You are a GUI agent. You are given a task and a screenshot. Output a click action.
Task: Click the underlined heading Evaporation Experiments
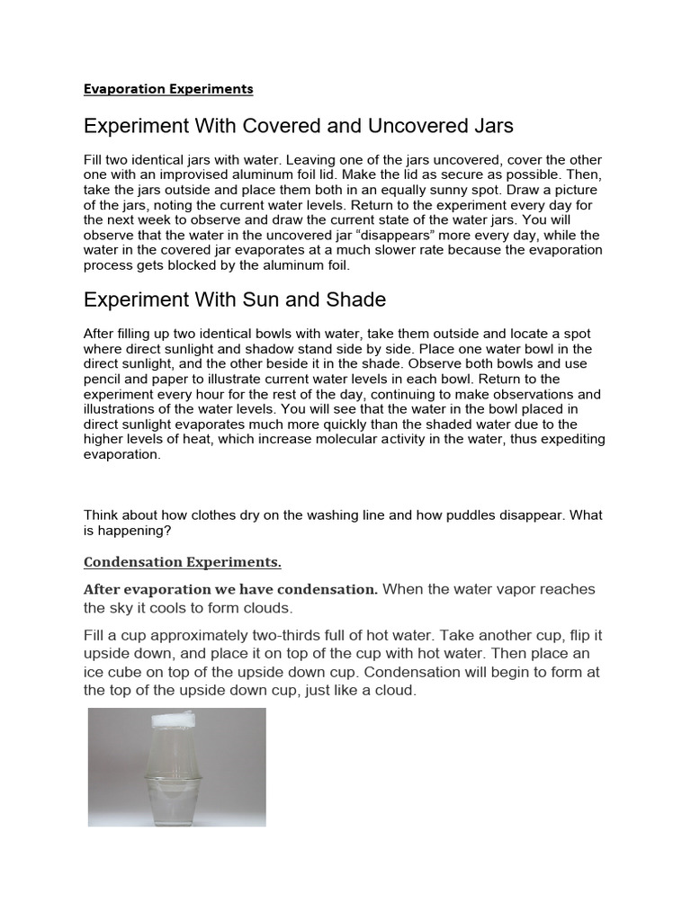168,89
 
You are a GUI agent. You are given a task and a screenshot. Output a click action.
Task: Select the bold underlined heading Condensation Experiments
183,562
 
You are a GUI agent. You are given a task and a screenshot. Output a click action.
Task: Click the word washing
316,515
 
